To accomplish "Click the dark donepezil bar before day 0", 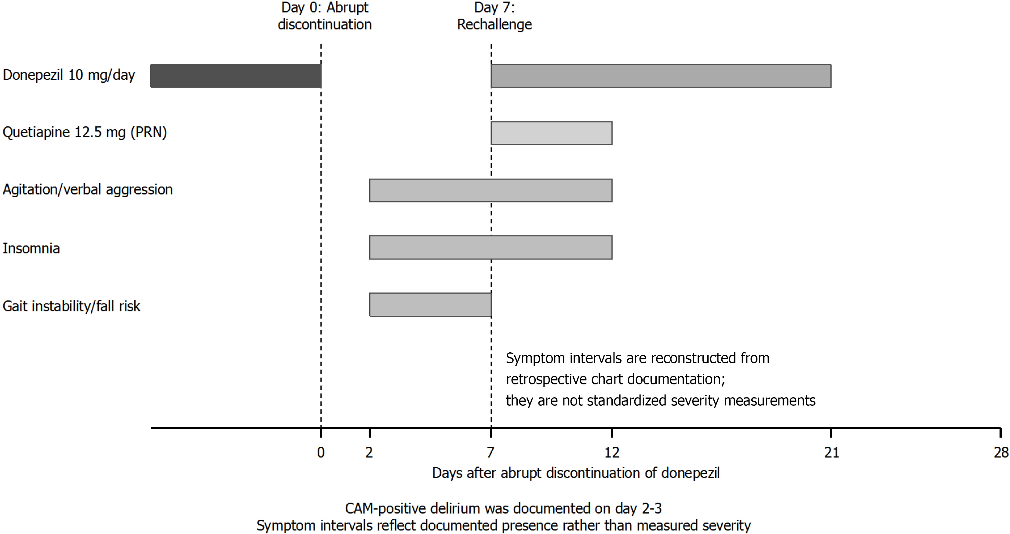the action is pos(236,76).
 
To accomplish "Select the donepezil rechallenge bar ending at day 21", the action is pos(661,76).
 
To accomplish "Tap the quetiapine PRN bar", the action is pos(551,133).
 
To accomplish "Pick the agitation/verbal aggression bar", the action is pos(490,191).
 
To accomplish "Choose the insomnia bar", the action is pos(490,247).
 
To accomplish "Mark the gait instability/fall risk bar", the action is pos(430,305).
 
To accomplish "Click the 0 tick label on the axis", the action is pos(321,452).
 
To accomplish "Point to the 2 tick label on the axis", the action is pos(369,452).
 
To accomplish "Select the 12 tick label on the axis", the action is pos(612,452).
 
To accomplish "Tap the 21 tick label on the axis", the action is pos(831,452).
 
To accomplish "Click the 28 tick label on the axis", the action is pos(1001,452).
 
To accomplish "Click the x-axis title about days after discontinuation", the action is pos(576,473).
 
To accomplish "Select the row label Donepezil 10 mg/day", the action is pos(69,75).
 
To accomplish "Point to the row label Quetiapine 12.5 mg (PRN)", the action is pos(85,133).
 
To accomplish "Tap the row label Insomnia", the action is pos(31,249).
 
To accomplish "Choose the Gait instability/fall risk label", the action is pos(71,306).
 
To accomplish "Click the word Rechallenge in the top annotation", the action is pos(494,25).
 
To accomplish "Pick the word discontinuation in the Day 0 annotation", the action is pos(325,25).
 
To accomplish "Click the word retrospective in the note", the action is pos(546,380).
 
